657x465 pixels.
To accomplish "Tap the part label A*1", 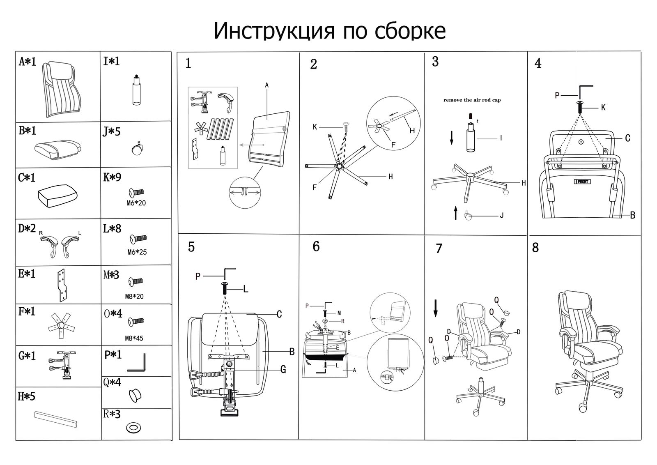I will click(28, 62).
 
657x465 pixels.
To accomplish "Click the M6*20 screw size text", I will click(136, 203).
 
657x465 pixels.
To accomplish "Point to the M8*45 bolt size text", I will click(134, 338).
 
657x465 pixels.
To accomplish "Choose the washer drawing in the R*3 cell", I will click(133, 428).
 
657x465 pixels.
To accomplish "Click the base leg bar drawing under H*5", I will click(56, 419).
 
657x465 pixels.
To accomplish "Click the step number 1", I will click(188, 64).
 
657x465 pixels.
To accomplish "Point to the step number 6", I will click(316, 246).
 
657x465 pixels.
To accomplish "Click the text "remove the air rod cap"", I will click(472, 100).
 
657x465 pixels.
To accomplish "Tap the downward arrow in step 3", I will click(452, 138).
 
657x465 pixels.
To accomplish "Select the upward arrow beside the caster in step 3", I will click(455, 213).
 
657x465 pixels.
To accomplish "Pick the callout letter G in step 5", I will click(283, 370).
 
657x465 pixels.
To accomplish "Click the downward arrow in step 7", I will click(436, 308).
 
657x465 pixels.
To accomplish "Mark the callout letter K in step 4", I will click(603, 108).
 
